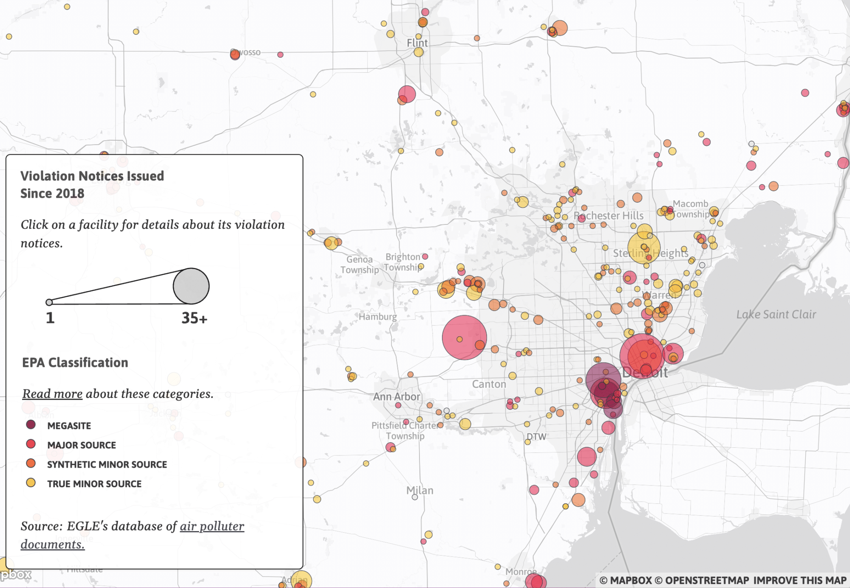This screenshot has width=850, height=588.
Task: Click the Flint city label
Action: pyautogui.click(x=417, y=43)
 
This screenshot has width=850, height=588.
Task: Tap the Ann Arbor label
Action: pyautogui.click(x=397, y=397)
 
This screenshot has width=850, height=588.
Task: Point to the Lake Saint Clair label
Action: pyautogui.click(x=776, y=315)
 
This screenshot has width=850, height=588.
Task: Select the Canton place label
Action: pyautogui.click(x=489, y=384)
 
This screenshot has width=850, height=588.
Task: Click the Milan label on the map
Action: pyautogui.click(x=419, y=490)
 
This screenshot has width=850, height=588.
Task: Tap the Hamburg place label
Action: pyautogui.click(x=377, y=317)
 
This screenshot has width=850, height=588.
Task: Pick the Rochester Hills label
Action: pyautogui.click(x=609, y=216)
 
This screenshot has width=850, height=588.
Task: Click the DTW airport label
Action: pyautogui.click(x=536, y=437)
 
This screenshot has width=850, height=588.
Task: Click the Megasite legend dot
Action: pyautogui.click(x=31, y=425)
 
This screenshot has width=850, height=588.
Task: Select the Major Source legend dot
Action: pyautogui.click(x=31, y=444)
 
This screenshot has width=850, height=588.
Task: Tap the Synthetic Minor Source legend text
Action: pyautogui.click(x=107, y=464)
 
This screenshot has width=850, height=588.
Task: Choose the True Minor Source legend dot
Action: pyautogui.click(x=31, y=483)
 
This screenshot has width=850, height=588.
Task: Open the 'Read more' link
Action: pyautogui.click(x=52, y=394)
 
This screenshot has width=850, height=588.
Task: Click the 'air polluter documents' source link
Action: pyautogui.click(x=212, y=526)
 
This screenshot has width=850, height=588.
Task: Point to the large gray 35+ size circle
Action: pyautogui.click(x=191, y=286)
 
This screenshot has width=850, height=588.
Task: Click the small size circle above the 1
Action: pyautogui.click(x=49, y=302)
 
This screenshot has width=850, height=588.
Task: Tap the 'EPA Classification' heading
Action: pyautogui.click(x=75, y=363)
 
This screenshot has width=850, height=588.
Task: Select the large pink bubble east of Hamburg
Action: pyautogui.click(x=464, y=338)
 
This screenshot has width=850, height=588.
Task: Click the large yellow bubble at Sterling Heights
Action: pyautogui.click(x=644, y=248)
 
